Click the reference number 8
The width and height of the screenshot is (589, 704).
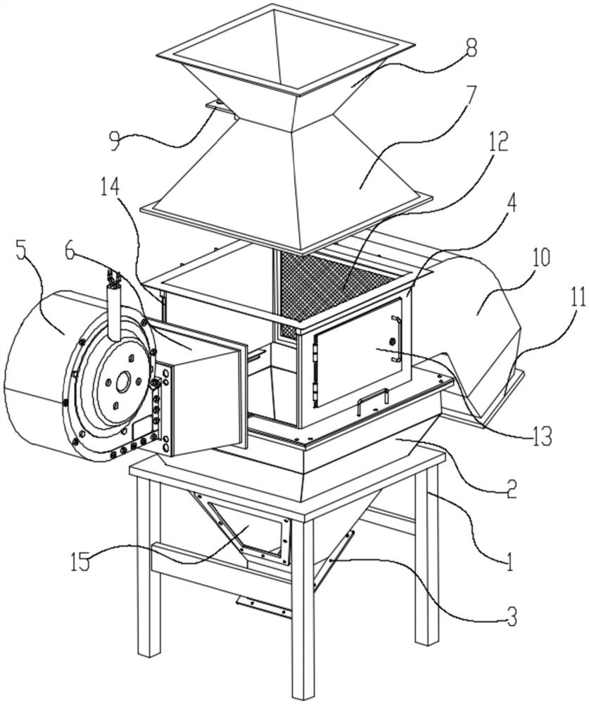470,49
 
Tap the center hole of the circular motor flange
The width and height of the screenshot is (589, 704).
122,384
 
